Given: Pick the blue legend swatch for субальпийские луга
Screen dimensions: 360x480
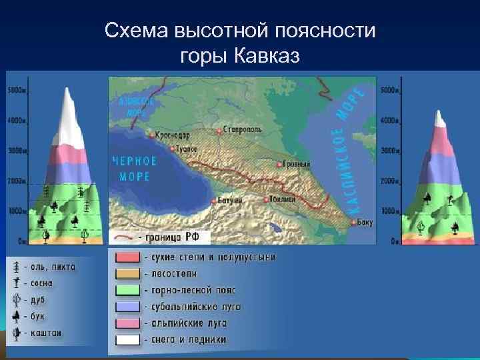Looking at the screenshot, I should [x=127, y=307].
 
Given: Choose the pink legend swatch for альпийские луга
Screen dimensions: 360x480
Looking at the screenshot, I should [x=127, y=323].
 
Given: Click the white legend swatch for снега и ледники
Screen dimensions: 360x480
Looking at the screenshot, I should [x=127, y=339].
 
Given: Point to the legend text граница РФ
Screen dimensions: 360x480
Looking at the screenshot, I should [x=176, y=237].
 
